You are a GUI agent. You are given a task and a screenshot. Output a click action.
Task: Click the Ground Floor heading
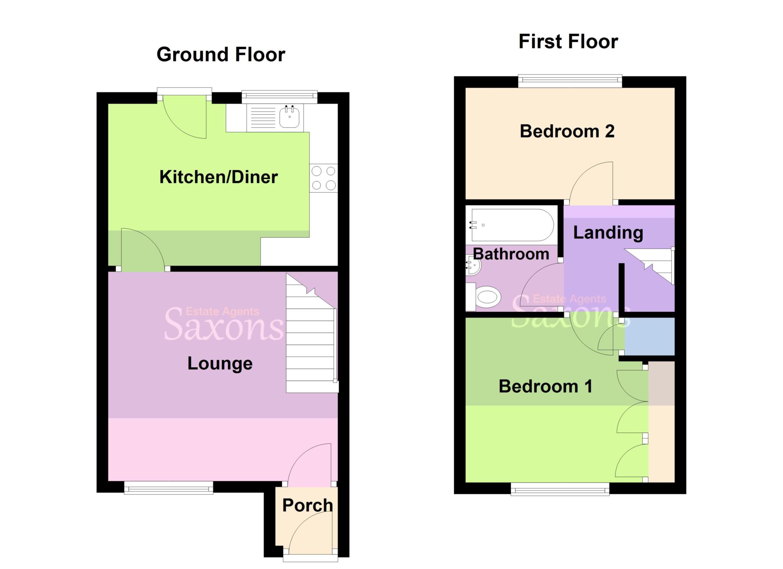pyautogui.click(x=221, y=55)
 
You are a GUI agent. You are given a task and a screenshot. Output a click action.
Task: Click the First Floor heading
pyautogui.click(x=568, y=42)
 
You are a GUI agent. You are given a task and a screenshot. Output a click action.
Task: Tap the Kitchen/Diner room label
pyautogui.click(x=218, y=177)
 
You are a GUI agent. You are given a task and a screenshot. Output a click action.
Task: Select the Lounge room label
pyautogui.click(x=220, y=363)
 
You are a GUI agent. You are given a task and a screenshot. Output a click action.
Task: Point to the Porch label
pyautogui.click(x=307, y=505)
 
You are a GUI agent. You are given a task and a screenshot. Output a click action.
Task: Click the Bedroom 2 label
pyautogui.click(x=567, y=131)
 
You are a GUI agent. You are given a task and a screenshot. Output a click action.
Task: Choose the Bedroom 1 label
pyautogui.click(x=546, y=386)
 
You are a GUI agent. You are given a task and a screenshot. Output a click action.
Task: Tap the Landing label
pyautogui.click(x=608, y=233)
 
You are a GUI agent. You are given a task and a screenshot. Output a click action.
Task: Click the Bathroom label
pyautogui.click(x=511, y=254)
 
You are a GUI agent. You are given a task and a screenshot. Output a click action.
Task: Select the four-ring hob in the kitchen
pyautogui.click(x=323, y=178)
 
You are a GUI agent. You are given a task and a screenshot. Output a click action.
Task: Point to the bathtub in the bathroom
pyautogui.click(x=512, y=225)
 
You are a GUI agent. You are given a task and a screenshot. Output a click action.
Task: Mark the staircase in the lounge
pyautogui.click(x=311, y=344)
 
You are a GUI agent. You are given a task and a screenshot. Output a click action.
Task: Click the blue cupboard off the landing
pyautogui.click(x=649, y=337)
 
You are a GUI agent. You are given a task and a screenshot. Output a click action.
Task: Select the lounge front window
pyautogui.click(x=168, y=488)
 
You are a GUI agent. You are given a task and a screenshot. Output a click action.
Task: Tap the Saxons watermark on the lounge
pyautogui.click(x=224, y=325)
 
